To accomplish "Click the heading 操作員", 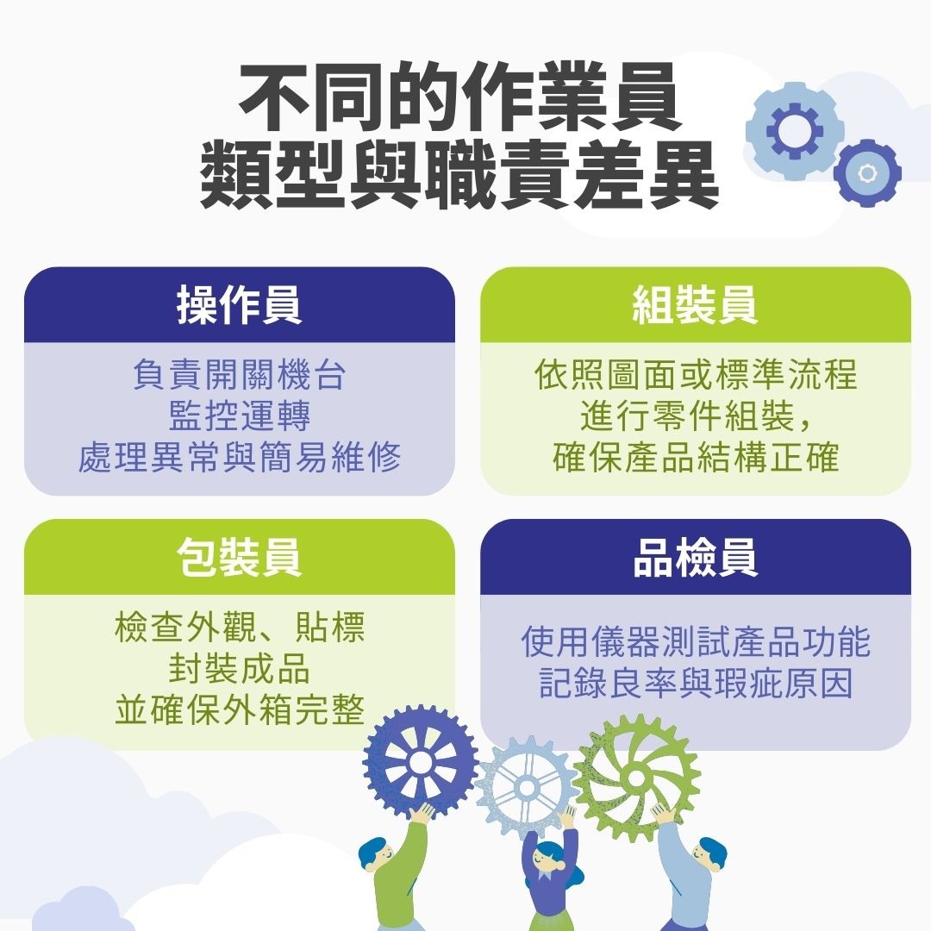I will click(239, 305).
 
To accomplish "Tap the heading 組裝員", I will click(695, 305).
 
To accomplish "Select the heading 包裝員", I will click(239, 557).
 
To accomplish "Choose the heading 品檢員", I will click(695, 557).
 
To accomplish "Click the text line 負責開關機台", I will click(239, 376).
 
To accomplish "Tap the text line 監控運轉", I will click(239, 416).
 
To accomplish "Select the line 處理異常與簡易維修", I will click(239, 457).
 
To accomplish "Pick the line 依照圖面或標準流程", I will click(695, 376).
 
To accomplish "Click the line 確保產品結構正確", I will click(695, 457).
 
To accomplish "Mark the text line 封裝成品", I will click(239, 668).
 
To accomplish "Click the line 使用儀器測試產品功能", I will click(695, 642).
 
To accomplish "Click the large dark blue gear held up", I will click(421, 761).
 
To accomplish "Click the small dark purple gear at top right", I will click(867, 173).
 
